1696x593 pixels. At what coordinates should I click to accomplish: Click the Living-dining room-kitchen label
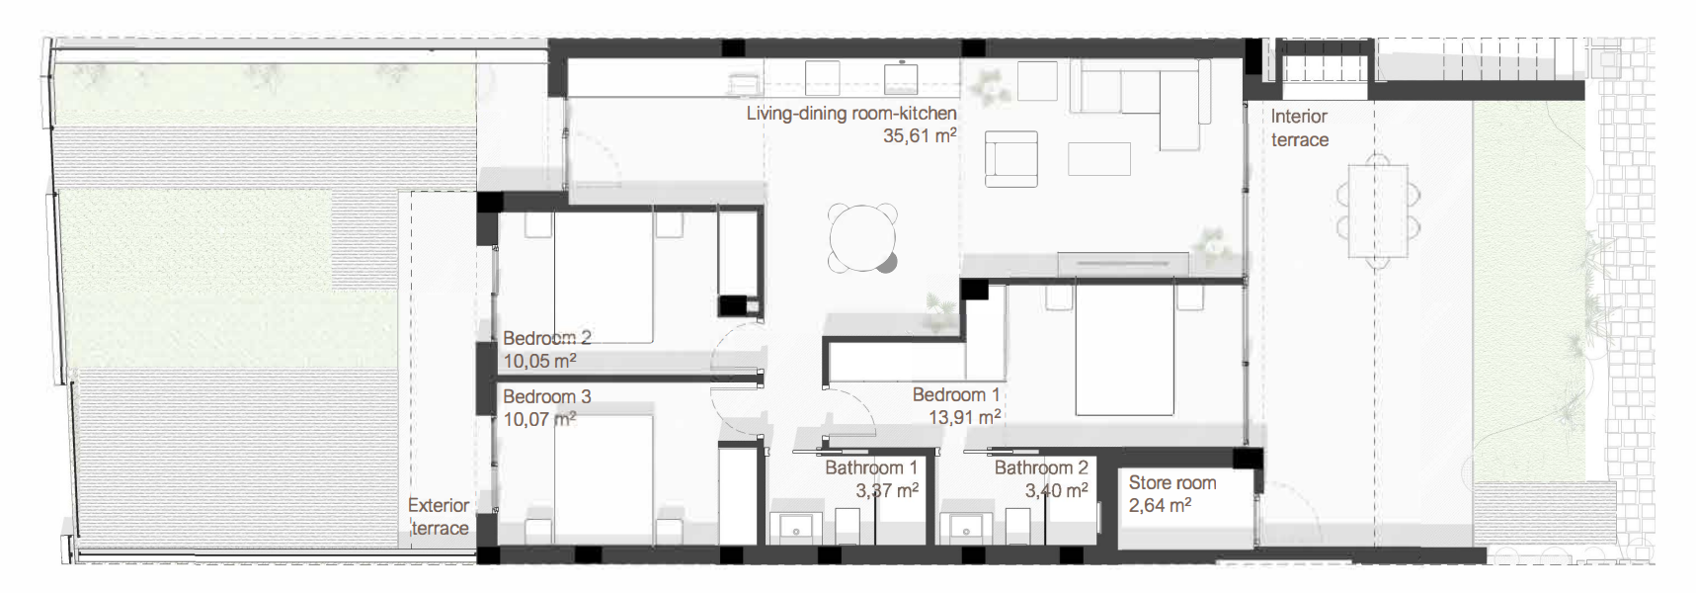[851, 114]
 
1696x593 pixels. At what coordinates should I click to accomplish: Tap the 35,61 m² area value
[920, 136]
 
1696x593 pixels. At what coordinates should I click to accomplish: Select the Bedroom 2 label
[547, 338]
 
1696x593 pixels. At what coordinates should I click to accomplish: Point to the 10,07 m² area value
[539, 419]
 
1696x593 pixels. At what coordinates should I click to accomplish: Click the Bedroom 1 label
[956, 394]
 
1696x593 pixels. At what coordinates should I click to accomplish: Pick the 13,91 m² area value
[965, 417]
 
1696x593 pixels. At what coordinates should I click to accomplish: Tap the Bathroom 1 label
[871, 467]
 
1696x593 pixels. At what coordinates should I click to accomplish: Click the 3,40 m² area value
[1056, 490]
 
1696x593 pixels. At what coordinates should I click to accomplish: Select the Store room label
[1172, 482]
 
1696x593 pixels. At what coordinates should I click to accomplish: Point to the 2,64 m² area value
[1160, 505]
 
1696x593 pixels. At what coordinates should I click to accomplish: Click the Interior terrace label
[1300, 127]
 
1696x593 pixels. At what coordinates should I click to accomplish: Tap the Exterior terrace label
[440, 517]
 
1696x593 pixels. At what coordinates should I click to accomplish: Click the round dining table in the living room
[863, 237]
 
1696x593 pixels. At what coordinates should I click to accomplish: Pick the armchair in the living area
[1011, 159]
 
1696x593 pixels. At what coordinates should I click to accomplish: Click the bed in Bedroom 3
[604, 479]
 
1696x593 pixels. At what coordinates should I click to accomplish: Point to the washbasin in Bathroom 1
[797, 529]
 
